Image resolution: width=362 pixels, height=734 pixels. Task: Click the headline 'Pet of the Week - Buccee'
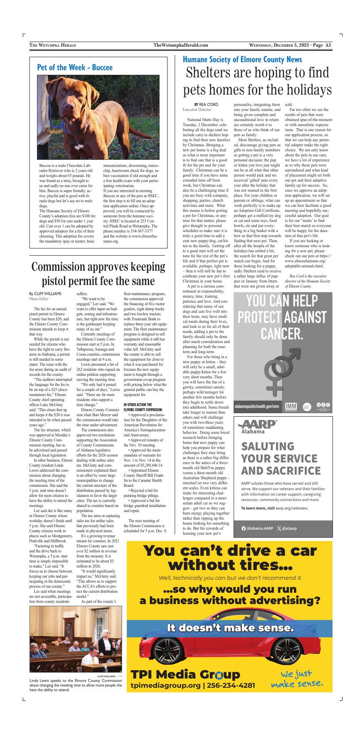[75, 67]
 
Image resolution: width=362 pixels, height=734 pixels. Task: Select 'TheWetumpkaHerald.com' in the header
[181, 45]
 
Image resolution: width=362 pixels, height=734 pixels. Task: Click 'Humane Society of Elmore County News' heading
[242, 59]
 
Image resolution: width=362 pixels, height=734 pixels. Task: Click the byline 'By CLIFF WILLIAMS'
[45, 293]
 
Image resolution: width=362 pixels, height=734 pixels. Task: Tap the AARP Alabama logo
[257, 426]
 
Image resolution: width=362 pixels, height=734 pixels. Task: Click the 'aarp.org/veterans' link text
[291, 508]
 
